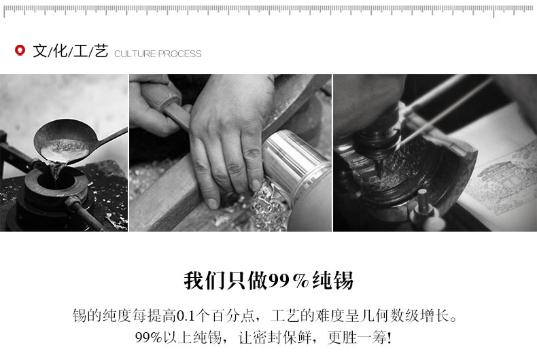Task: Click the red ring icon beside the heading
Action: (20, 50)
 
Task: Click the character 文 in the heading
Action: (39, 51)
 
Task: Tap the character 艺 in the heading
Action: (101, 51)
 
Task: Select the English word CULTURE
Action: (135, 54)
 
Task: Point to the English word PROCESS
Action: (180, 54)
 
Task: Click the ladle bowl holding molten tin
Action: (64, 142)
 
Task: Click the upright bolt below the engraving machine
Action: (423, 202)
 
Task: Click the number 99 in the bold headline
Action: (279, 281)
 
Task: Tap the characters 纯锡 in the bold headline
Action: (332, 281)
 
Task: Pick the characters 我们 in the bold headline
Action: (204, 281)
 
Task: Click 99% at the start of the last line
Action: (149, 338)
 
